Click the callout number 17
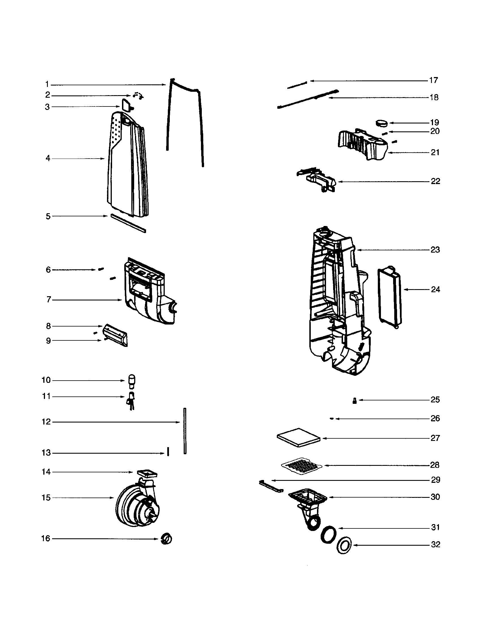[x=434, y=80]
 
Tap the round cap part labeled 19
[x=382, y=123]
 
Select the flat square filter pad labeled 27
[x=298, y=437]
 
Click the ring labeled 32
[x=344, y=546]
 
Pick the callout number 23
[x=435, y=250]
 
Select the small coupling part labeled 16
[x=166, y=539]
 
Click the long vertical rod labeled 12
[x=185, y=431]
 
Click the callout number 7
[x=49, y=300]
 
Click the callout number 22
[x=435, y=182]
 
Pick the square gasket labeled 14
[x=147, y=474]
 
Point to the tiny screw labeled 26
[x=331, y=419]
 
